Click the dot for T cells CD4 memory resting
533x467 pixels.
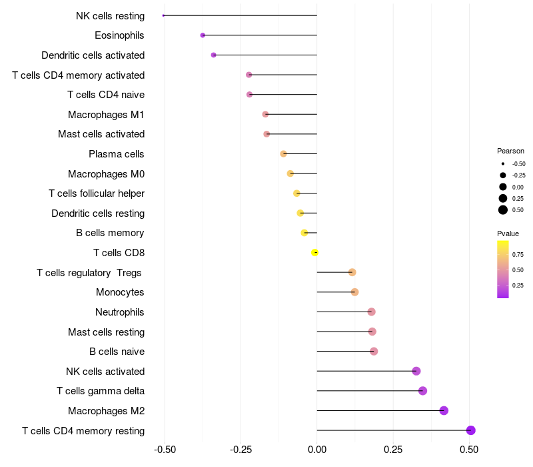pos(471,430)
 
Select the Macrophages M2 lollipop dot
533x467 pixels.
pos(444,411)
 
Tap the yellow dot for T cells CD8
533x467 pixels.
pos(315,252)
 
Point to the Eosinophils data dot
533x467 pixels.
pos(203,35)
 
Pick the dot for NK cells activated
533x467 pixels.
pos(416,371)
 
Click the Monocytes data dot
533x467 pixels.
pos(354,292)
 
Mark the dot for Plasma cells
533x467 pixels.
pos(283,154)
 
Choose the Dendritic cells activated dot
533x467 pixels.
pos(213,55)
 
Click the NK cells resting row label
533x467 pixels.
pos(110,15)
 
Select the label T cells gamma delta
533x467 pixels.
pos(101,391)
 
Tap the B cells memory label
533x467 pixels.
pos(110,233)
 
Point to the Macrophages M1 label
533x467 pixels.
pos(106,115)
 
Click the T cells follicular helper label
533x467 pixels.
pos(97,193)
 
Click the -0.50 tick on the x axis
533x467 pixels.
pos(165,449)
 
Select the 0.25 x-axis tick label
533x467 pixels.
pos(393,449)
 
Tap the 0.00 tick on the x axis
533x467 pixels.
pos(317,449)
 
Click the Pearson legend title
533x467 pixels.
pos(510,151)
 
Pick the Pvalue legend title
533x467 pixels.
pos(508,233)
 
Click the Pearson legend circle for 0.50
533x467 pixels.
pos(503,210)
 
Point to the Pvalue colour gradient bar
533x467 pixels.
pos(503,269)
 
